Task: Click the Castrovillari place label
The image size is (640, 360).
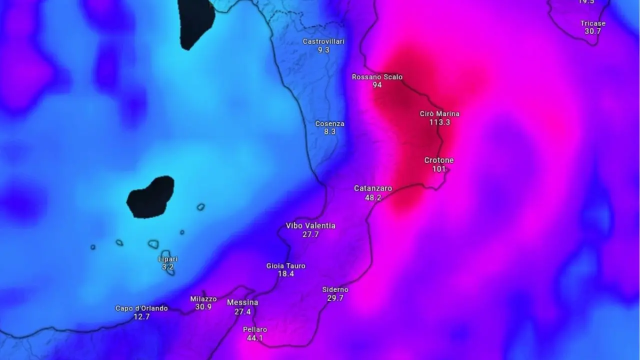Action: coord(323,41)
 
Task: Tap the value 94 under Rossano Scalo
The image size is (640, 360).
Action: coord(377,85)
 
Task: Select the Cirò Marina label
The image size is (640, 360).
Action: coord(439,114)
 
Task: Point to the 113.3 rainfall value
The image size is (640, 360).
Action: coord(439,122)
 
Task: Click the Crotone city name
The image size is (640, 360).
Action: coord(439,160)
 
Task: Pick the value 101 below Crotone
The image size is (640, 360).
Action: coord(439,169)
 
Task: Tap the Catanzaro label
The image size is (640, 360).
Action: coord(373,188)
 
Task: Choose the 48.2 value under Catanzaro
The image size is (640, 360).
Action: coord(373,197)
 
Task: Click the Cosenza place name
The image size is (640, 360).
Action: coord(329,123)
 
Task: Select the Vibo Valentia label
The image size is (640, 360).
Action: coord(310,226)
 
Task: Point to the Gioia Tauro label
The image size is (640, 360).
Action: coord(285,266)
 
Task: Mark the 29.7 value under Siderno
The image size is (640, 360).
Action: coord(335,298)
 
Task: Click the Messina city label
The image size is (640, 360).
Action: coord(242,302)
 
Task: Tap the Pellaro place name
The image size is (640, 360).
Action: coord(255,329)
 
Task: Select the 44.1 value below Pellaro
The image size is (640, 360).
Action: coord(255,338)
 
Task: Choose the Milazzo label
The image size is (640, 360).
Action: coord(203,299)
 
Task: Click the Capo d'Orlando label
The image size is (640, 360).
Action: coord(141,308)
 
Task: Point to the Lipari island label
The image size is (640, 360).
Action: coord(167,259)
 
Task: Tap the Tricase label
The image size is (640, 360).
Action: coord(593,23)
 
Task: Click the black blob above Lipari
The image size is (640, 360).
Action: coord(150,197)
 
